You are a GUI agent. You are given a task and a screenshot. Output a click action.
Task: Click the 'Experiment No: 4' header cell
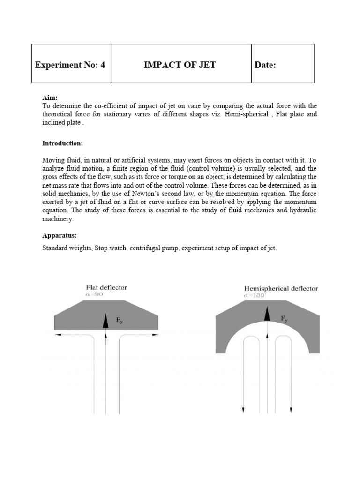(x=70, y=65)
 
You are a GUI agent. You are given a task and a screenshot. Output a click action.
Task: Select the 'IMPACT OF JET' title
(x=180, y=65)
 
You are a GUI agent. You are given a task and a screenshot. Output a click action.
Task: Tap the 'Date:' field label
(x=265, y=65)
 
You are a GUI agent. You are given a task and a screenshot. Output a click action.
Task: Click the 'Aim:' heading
(x=50, y=97)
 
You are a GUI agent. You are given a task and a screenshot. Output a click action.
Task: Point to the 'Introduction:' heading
(x=62, y=142)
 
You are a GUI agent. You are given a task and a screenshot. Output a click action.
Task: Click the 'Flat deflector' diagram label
(x=106, y=287)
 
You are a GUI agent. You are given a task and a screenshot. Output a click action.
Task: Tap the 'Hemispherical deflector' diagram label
(x=281, y=289)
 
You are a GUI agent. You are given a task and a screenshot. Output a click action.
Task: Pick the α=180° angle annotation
(x=255, y=296)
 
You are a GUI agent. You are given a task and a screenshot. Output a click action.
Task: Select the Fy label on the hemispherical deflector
(x=284, y=319)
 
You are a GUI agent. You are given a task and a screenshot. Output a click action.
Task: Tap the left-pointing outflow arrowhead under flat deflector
(x=57, y=336)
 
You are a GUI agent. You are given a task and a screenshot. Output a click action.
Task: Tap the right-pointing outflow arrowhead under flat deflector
(x=155, y=336)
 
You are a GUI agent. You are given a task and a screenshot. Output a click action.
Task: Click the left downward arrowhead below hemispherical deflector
(x=243, y=410)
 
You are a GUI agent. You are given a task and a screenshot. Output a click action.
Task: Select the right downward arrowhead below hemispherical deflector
(x=291, y=410)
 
